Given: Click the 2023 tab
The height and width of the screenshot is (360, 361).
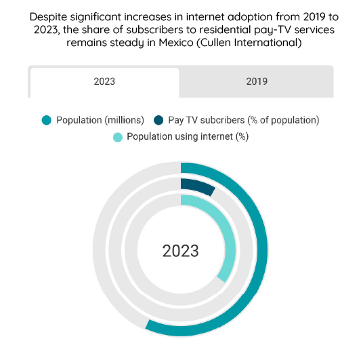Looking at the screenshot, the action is click(x=104, y=82).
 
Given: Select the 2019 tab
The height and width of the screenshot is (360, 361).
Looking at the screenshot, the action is click(x=257, y=81).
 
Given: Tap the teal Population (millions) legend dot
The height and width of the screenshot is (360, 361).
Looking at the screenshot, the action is click(x=47, y=120).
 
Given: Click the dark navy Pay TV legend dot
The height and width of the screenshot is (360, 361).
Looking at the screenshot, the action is click(x=158, y=120).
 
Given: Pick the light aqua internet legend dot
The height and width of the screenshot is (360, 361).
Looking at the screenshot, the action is click(x=118, y=137).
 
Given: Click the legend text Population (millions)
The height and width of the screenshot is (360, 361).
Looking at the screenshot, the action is click(x=100, y=120).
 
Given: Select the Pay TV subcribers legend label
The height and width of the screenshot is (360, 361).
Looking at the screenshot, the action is click(x=244, y=120).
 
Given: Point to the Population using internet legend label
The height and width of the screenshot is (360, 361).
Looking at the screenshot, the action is click(x=188, y=137).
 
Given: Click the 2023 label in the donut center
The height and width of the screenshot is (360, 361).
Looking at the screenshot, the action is click(x=180, y=251).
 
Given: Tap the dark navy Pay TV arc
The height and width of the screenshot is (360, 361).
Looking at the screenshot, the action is click(x=198, y=186).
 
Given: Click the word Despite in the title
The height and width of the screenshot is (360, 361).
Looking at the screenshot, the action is click(x=48, y=17).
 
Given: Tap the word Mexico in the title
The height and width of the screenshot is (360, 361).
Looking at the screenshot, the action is click(x=176, y=43).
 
